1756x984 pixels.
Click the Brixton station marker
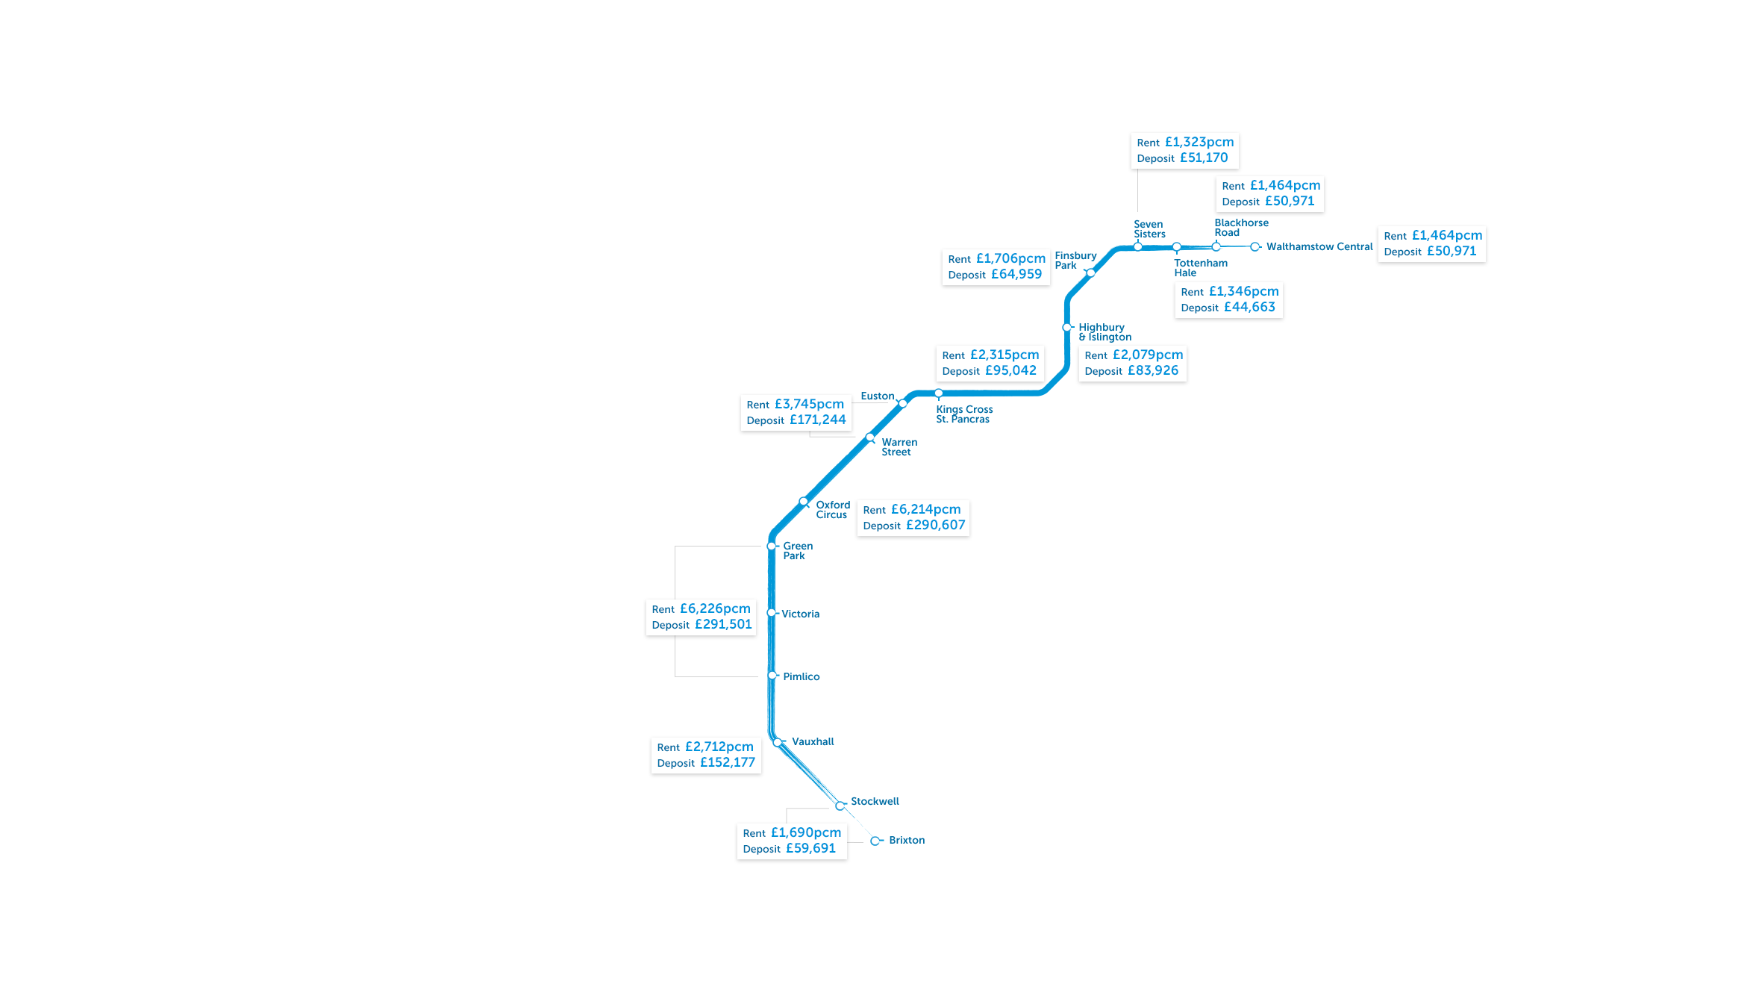click(875, 841)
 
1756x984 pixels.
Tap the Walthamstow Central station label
click(1319, 247)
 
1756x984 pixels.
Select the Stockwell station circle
click(840, 806)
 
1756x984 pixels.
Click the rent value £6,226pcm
click(715, 608)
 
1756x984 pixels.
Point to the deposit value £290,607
click(935, 525)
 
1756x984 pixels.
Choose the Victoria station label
click(800, 614)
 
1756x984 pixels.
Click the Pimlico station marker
click(772, 676)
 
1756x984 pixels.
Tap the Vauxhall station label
click(813, 741)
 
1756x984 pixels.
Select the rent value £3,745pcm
click(809, 404)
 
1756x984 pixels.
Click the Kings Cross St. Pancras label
click(964, 414)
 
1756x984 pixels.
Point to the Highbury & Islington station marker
click(1067, 328)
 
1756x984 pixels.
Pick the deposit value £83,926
click(1152, 370)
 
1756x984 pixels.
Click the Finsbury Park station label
click(1075, 261)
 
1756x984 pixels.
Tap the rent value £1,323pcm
click(1199, 142)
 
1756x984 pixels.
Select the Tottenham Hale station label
click(1200, 267)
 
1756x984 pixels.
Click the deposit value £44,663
click(1249, 307)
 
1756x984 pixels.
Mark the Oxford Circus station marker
click(804, 502)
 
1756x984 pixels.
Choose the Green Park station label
click(797, 551)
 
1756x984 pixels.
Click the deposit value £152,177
click(727, 762)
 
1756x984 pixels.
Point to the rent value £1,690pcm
click(805, 832)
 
